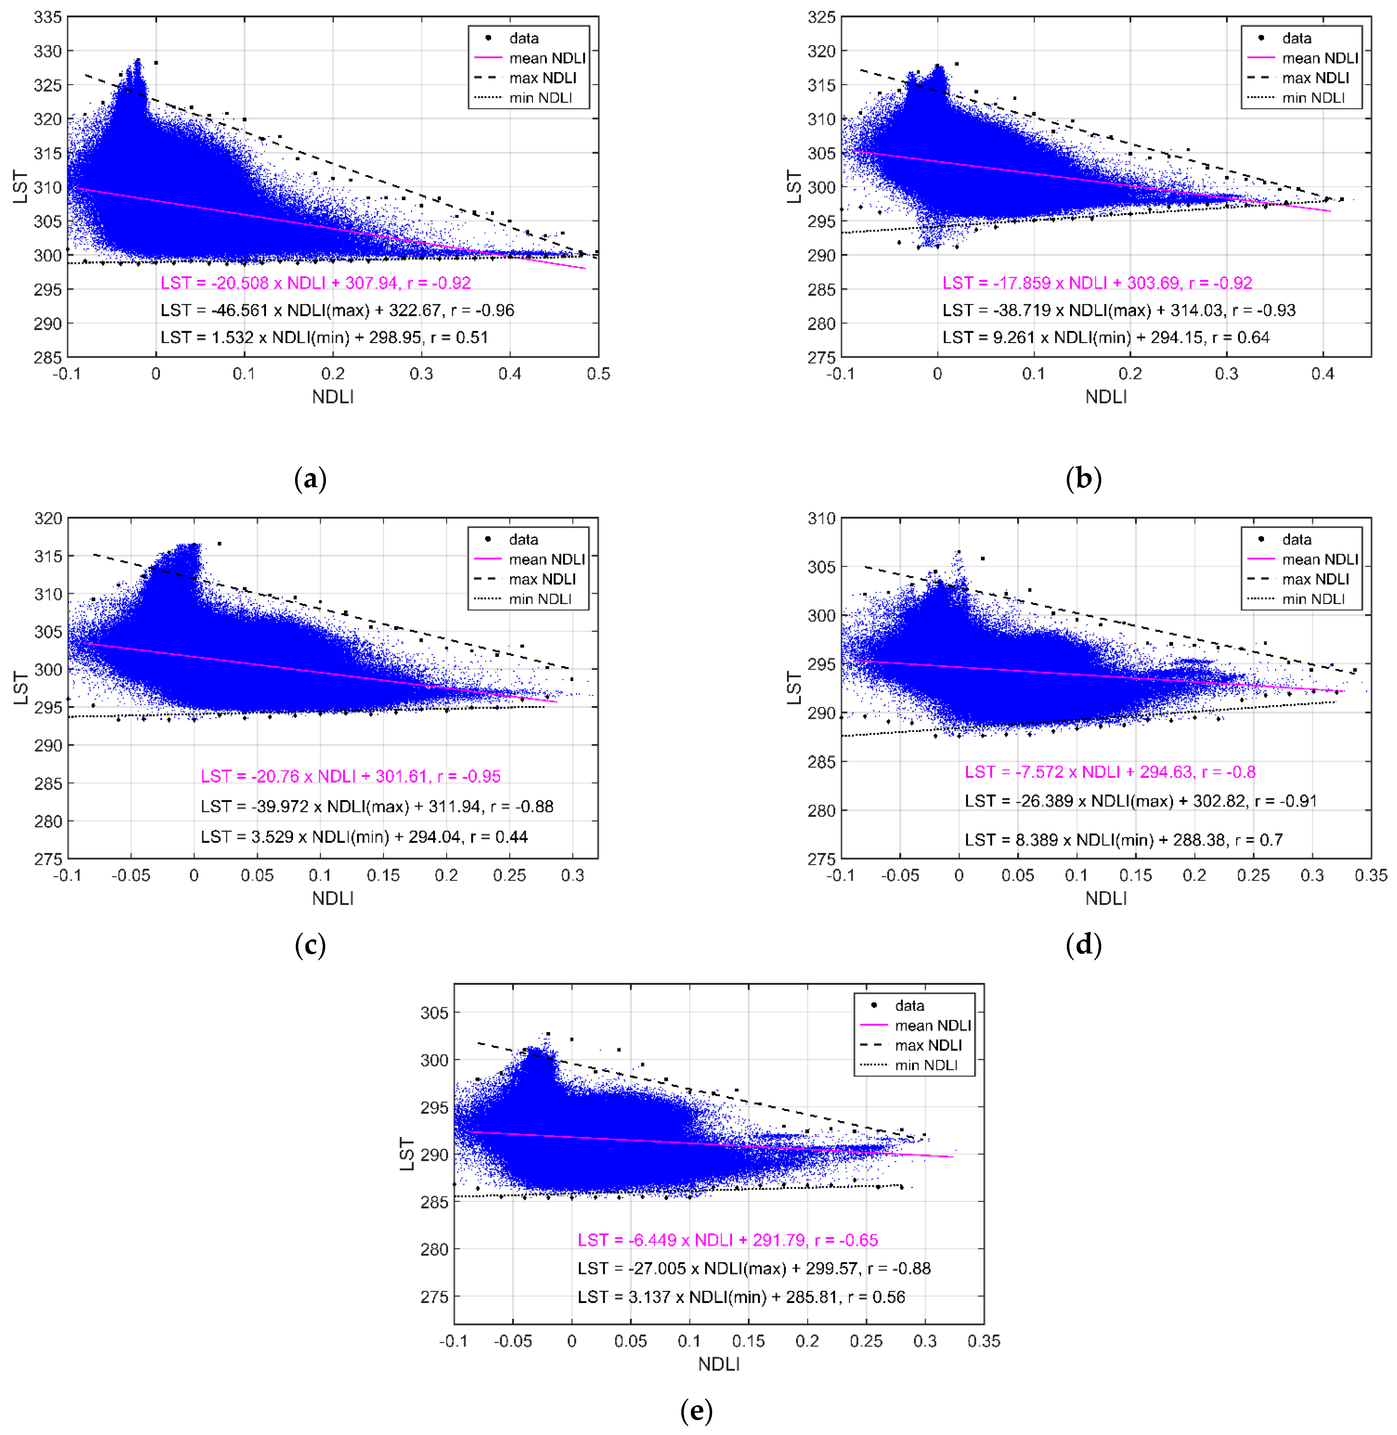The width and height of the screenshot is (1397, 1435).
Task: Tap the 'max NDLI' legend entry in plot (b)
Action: [x=1315, y=78]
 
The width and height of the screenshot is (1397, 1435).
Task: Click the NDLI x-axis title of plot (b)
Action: [x=1106, y=397]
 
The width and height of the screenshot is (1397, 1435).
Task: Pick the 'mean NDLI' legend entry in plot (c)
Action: [x=547, y=559]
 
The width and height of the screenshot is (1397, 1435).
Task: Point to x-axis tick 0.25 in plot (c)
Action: [x=509, y=876]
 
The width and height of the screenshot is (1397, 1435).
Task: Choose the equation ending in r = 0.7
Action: [x=1123, y=840]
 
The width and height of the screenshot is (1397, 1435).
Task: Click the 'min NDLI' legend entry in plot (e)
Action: [x=926, y=1065]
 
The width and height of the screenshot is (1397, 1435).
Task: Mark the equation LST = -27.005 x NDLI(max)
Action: [x=754, y=1268]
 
